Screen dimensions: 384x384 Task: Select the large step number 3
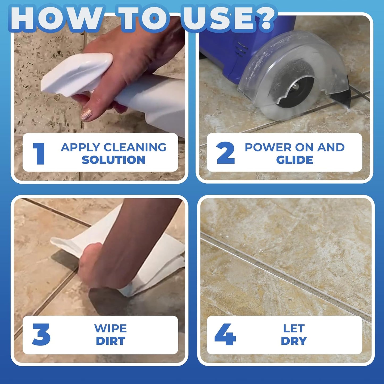[x=41, y=334]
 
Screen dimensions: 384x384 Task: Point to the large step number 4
[x=225, y=334]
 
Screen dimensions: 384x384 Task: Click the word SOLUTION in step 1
[x=113, y=160]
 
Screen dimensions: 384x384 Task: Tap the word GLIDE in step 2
[x=294, y=160]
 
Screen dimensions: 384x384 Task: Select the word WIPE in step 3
[x=111, y=328]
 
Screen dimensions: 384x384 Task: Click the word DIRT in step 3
[x=111, y=341]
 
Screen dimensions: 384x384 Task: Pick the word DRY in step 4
[x=294, y=341]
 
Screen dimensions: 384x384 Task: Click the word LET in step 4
[x=294, y=328]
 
